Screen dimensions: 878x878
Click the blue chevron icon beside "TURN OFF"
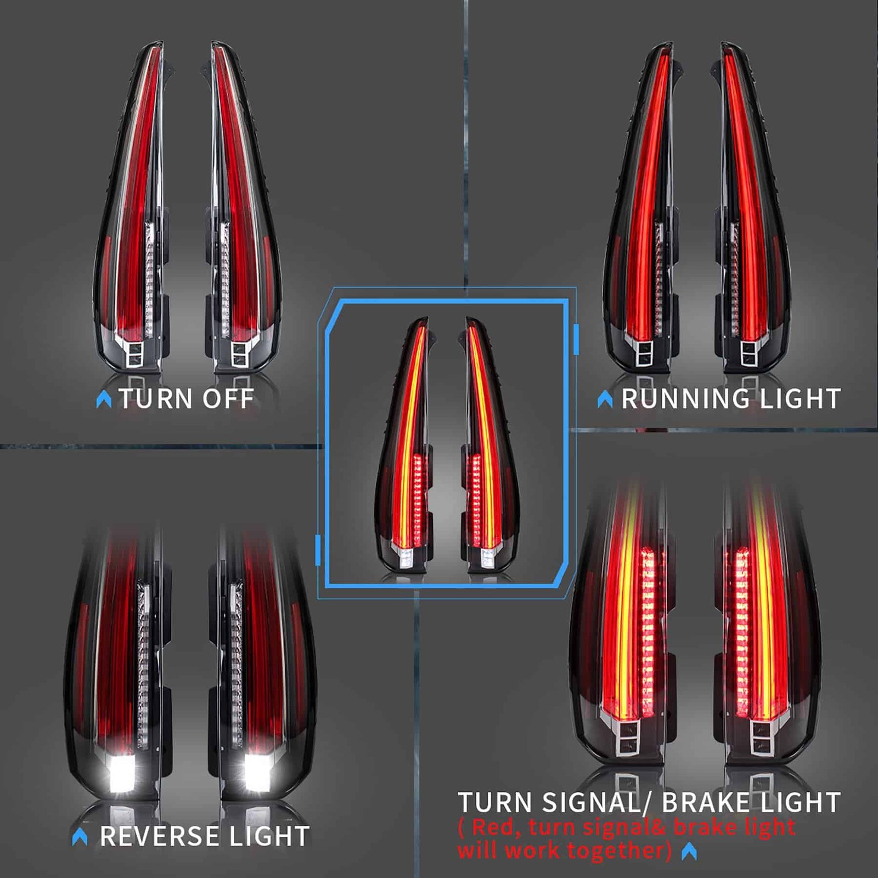tap(104, 399)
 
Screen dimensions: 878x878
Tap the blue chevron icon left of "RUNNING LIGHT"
tap(605, 399)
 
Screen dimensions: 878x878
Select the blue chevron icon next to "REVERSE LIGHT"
tap(80, 837)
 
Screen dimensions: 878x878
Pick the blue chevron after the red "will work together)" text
tap(689, 852)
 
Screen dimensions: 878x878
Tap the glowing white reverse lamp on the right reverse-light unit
tap(258, 774)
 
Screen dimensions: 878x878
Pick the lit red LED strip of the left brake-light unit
tap(648, 631)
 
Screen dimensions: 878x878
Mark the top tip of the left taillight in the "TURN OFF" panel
tap(160, 42)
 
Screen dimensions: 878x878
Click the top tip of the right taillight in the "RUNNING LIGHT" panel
tap(725, 43)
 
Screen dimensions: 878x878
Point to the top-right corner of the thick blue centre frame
tap(567, 301)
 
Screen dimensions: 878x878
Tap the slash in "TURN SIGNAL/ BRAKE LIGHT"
tap(649, 803)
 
